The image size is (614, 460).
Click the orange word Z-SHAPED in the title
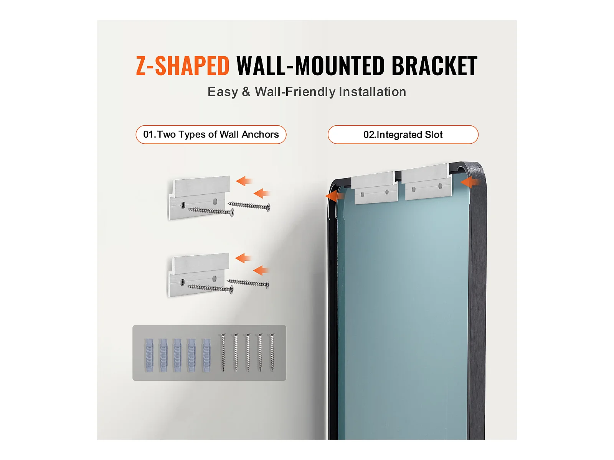point(183,66)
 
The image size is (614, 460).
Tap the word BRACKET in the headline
point(434,66)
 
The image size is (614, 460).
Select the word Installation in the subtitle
point(372,92)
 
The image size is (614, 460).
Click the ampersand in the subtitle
point(246,92)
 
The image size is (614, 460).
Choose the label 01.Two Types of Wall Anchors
point(211,135)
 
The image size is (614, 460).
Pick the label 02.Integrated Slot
point(403,135)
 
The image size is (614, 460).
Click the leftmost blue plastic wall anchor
point(149,355)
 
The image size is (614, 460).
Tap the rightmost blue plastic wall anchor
point(206,355)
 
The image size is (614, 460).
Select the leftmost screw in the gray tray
point(223,352)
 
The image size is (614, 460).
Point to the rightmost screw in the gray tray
point(272,352)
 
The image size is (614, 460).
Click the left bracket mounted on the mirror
point(375,188)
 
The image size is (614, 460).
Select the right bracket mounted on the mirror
point(427,182)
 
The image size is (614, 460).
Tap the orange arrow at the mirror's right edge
point(470,182)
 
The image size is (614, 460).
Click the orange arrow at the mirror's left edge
point(334,196)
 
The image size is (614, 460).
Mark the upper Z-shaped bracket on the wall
point(199,198)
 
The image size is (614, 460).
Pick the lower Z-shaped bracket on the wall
point(199,275)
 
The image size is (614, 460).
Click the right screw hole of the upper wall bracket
point(215,201)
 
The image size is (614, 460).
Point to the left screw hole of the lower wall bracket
point(183,282)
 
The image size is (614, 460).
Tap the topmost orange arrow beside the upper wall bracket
point(244,181)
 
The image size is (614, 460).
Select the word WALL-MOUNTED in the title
point(310,66)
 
